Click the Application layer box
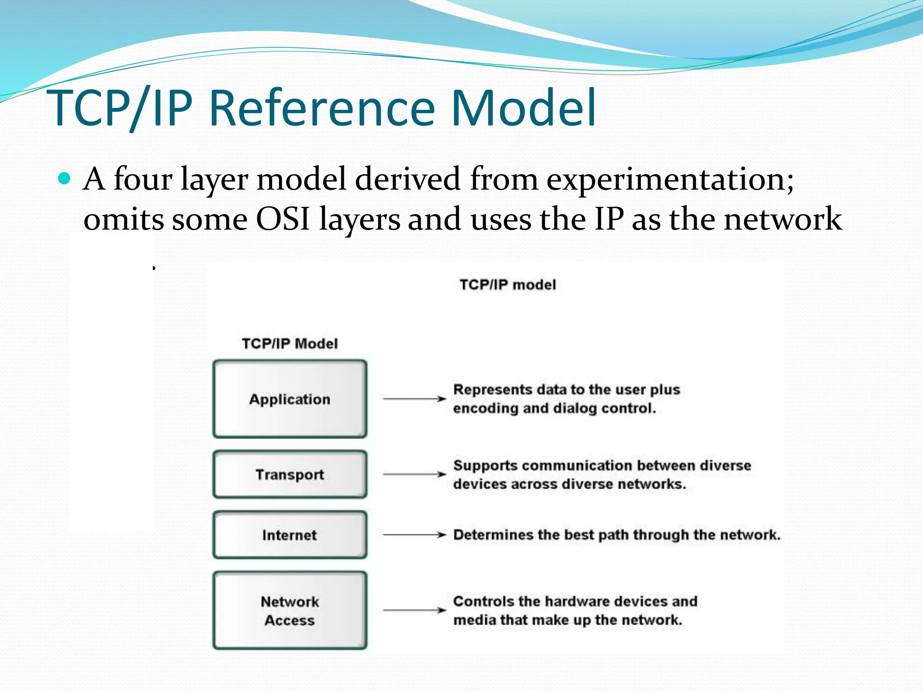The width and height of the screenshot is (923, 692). click(x=290, y=399)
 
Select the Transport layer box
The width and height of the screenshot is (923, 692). click(x=290, y=474)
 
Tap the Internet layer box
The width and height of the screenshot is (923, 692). click(x=290, y=535)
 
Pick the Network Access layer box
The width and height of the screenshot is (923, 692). click(x=290, y=610)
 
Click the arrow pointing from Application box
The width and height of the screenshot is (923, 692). click(x=414, y=399)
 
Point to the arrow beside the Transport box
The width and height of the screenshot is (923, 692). click(x=414, y=474)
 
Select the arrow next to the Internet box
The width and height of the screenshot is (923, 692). click(x=414, y=535)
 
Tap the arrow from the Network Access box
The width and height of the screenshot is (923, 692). click(x=414, y=610)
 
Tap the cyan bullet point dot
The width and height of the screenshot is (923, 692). click(x=65, y=179)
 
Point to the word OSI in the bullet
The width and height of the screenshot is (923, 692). click(x=283, y=219)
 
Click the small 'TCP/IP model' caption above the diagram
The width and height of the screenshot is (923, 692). click(x=507, y=285)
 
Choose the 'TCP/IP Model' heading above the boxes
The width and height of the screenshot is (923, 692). click(x=290, y=344)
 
